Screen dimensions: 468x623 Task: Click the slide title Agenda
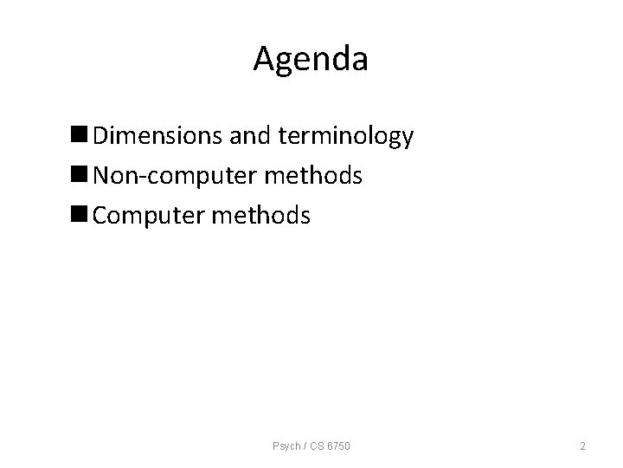tap(311, 59)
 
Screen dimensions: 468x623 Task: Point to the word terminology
tap(344, 137)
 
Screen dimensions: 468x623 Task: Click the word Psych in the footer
tap(284, 446)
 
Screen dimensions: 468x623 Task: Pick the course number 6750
tap(336, 446)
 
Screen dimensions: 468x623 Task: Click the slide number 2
tap(582, 446)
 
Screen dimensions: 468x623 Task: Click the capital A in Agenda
tap(265, 59)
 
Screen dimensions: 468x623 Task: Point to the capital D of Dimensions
tap(101, 136)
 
